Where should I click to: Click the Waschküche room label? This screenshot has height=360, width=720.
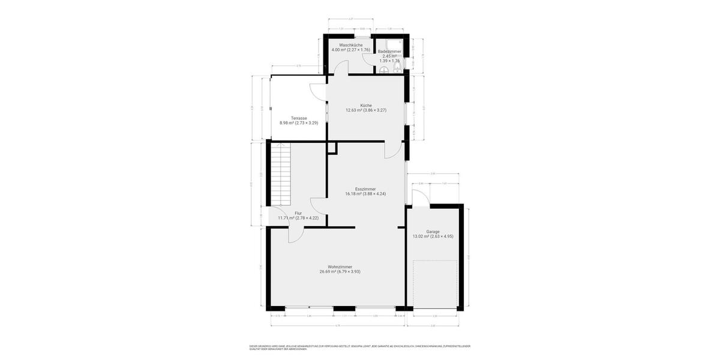[350, 45]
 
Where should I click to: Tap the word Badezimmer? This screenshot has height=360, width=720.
[389, 52]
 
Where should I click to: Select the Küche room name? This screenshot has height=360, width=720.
[366, 105]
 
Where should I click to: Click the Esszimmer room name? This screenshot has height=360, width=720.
[365, 189]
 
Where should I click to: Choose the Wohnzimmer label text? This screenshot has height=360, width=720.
[340, 267]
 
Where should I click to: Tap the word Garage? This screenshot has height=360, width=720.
[433, 232]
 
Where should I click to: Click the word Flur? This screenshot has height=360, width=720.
[298, 213]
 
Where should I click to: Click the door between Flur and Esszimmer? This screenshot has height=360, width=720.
[318, 205]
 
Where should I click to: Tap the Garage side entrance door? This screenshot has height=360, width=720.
[421, 198]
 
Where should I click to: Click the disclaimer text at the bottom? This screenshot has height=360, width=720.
[360, 347]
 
